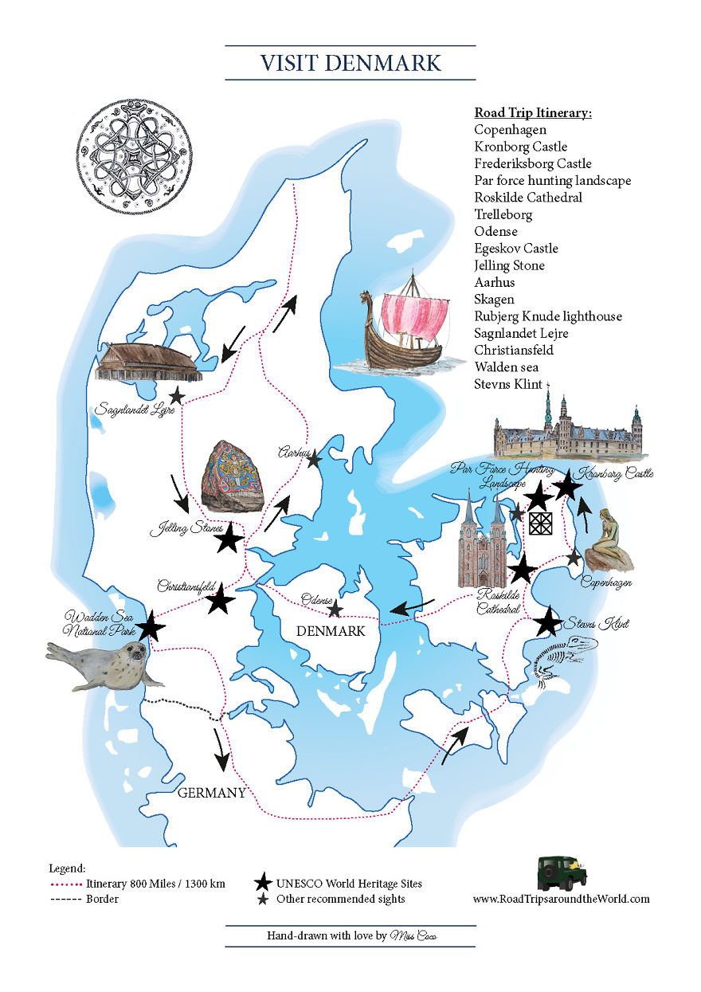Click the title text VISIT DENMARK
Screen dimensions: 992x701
350,62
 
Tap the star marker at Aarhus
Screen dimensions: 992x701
314,458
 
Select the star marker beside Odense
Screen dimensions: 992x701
335,610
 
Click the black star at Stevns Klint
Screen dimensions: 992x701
548,622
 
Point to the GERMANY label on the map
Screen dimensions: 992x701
211,793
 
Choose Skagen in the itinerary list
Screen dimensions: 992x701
494,299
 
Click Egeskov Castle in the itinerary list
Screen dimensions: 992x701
516,248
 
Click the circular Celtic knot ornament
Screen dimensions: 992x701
135,155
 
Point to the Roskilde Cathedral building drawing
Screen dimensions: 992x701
481,542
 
